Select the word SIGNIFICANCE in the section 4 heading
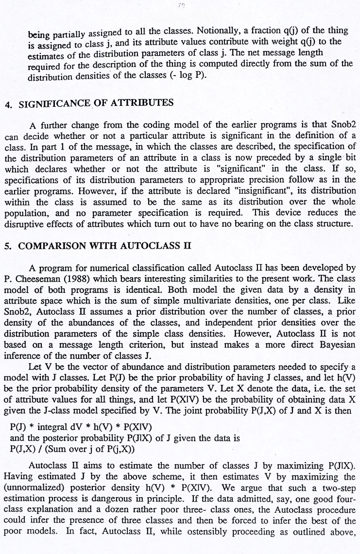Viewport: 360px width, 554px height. (50, 103)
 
